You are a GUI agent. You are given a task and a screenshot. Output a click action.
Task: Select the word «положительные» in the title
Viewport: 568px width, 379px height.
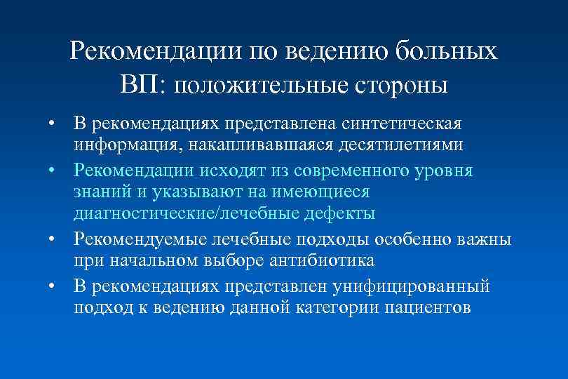coord(251,85)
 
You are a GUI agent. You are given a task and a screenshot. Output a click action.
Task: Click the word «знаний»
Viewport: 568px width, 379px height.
coord(100,192)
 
